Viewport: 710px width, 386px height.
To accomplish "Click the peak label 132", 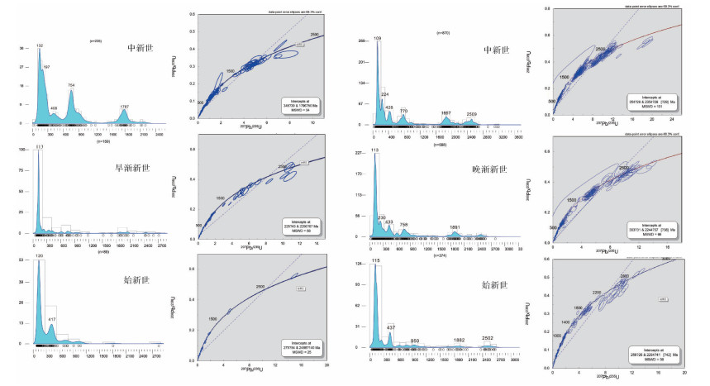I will pos(40,45).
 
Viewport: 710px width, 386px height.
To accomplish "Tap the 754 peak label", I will pos(71,85).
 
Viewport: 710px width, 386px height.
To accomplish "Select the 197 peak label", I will pos(46,66).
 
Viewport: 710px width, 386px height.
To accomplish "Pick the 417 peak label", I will pos(52,319).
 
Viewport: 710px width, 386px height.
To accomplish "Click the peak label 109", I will pos(378,39).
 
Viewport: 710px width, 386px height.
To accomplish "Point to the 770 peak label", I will pos(403,111).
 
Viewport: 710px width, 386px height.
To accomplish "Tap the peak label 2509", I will pos(471,114).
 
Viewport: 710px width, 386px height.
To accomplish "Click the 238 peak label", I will pos(381,217).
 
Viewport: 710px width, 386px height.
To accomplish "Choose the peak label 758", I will pos(403,224).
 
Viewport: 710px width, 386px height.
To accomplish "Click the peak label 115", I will pos(376,262).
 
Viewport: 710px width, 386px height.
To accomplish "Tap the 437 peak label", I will pos(392,328).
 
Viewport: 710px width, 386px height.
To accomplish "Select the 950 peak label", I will pos(415,341).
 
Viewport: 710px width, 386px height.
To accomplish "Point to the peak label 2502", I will pos(488,338).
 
